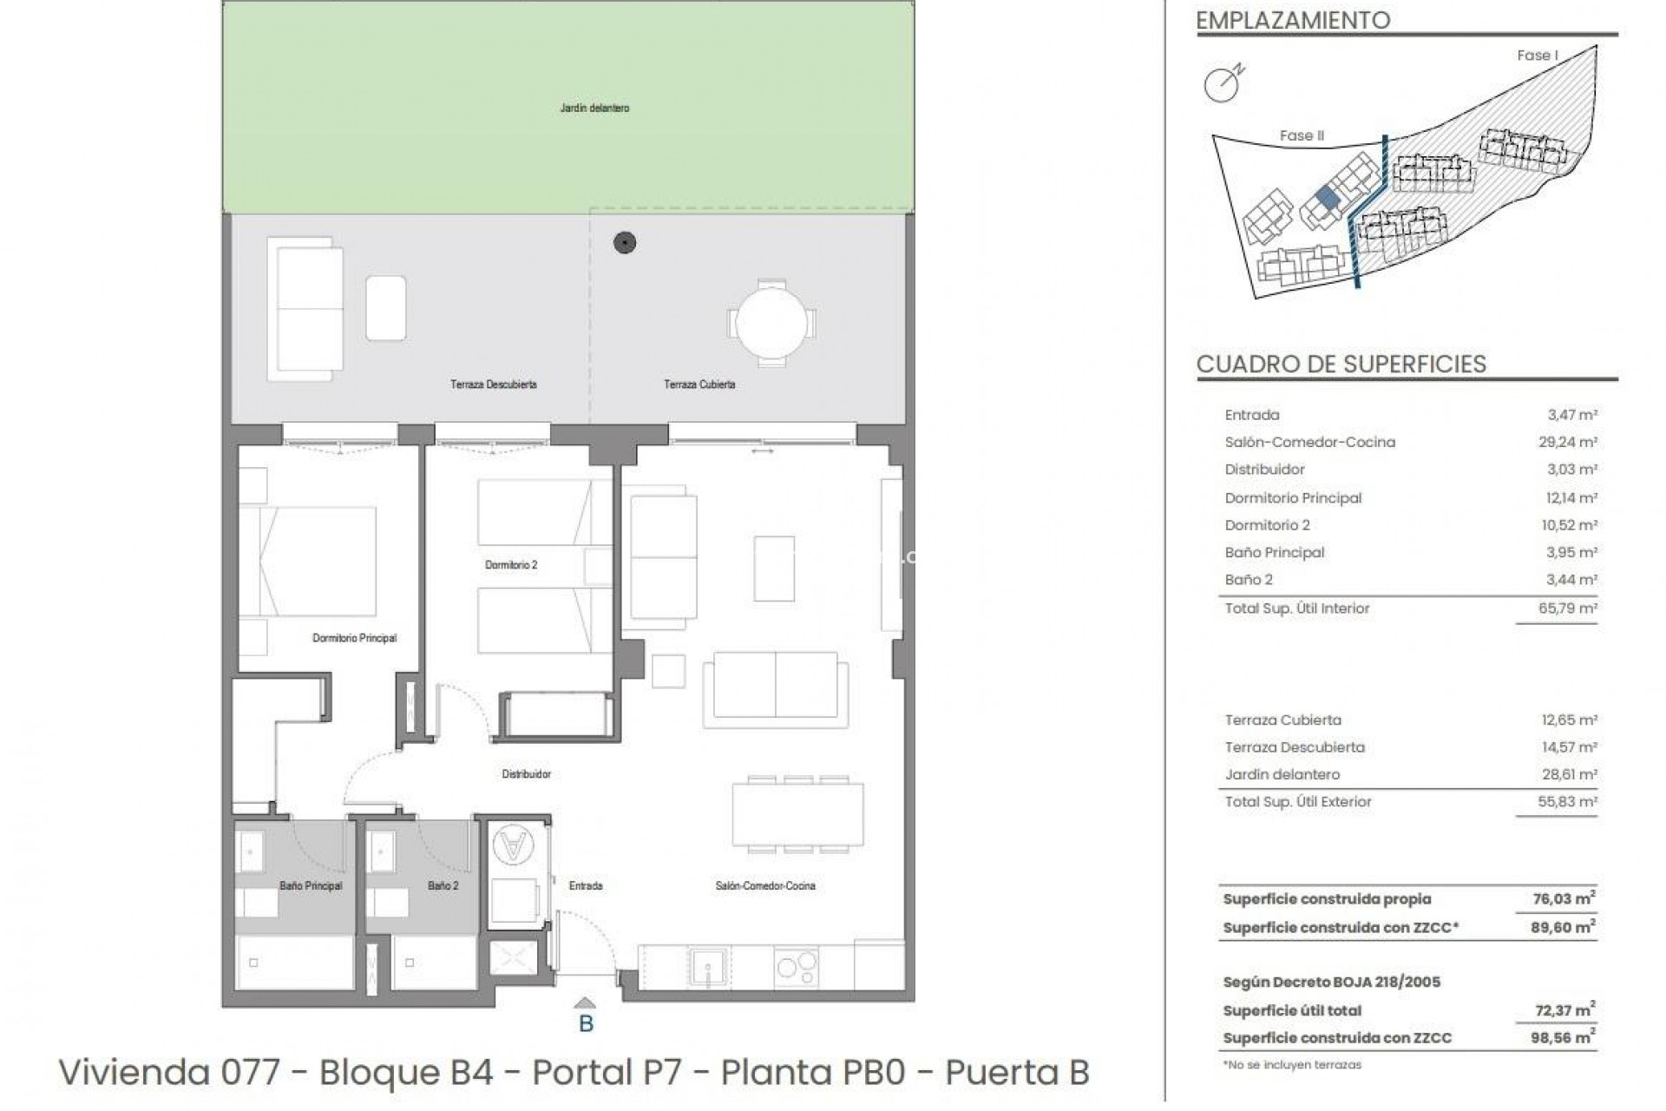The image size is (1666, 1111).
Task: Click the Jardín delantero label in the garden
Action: [x=594, y=108]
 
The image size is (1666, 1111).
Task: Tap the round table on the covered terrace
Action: [x=771, y=324]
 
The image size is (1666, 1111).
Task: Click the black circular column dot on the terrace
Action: [x=625, y=244]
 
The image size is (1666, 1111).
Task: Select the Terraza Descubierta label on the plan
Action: [x=493, y=385]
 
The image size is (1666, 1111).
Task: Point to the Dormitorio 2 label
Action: [x=511, y=565]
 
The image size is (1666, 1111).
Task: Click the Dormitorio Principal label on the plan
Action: [x=354, y=638]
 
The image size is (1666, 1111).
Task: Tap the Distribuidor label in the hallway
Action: [x=526, y=774]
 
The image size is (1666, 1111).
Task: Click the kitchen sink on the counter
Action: [x=710, y=967]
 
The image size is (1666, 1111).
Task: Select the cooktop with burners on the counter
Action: [x=797, y=967]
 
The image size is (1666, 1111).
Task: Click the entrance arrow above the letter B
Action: [x=586, y=1003]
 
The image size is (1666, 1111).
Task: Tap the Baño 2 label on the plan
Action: [x=443, y=886]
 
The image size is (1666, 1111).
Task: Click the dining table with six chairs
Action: [x=797, y=813]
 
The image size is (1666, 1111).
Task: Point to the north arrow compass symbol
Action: [x=1223, y=83]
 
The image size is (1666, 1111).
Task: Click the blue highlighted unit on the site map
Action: [x=1327, y=198]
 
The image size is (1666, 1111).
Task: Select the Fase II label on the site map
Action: [x=1302, y=136]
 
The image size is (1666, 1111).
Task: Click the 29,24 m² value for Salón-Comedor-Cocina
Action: [x=1568, y=443]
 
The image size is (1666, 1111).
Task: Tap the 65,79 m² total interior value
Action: [x=1568, y=608]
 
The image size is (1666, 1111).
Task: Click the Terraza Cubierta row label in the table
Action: [x=1282, y=720]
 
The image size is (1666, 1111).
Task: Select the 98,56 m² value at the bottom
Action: [x=1563, y=1038]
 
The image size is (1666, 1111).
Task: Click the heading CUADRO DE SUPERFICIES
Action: [x=1341, y=365]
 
